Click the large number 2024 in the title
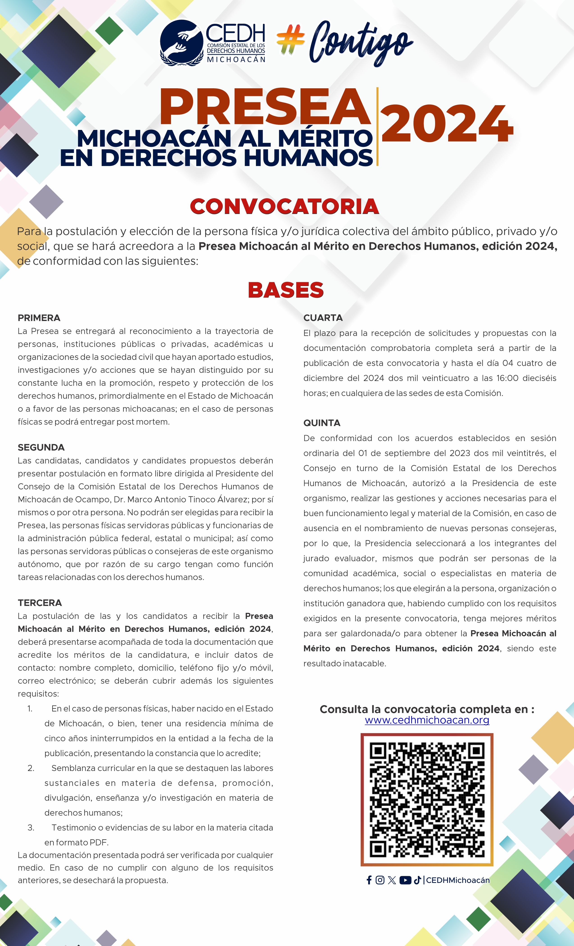(x=447, y=124)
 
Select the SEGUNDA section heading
(x=41, y=447)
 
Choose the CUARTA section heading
(x=323, y=318)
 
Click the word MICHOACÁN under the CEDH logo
(x=236, y=59)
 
